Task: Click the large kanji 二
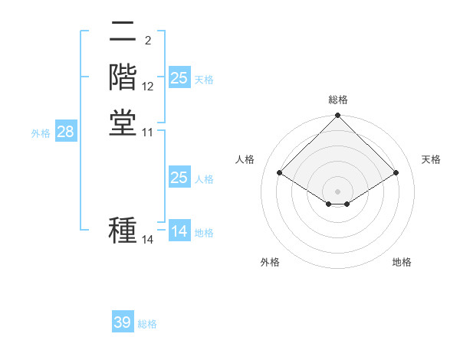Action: pos(123,32)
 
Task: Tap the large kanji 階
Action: pos(123,77)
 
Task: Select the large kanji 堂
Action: pos(123,123)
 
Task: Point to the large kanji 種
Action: pos(123,231)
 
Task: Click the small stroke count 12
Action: pos(148,87)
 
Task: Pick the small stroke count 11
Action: pos(148,132)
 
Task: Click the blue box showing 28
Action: pos(65,132)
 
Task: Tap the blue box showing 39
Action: pos(122,322)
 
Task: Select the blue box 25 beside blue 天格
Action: pos(179,77)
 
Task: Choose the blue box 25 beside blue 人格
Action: pos(179,178)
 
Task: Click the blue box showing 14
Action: pos(179,231)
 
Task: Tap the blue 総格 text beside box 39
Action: pos(147,324)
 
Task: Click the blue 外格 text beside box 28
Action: pos(41,133)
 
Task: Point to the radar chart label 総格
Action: pos(338,100)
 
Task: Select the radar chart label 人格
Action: pos(245,159)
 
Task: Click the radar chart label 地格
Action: pos(402,262)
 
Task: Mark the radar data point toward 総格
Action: pos(338,116)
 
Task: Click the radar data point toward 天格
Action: pos(396,173)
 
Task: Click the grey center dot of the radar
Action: pos(338,191)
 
